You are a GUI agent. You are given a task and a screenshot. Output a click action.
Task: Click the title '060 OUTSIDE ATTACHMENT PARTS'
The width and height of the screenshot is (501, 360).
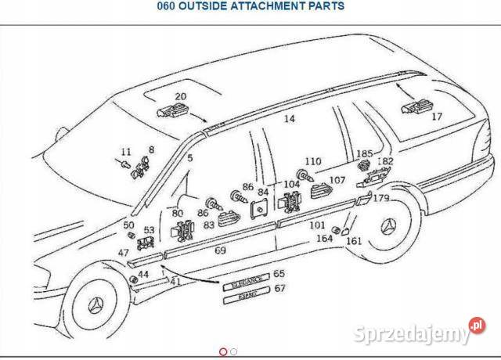click(x=250, y=6)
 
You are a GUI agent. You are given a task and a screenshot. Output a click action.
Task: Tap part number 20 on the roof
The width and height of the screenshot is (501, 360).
click(x=180, y=97)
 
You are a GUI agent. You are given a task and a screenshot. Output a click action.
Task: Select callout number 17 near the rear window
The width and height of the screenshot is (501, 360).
click(x=436, y=117)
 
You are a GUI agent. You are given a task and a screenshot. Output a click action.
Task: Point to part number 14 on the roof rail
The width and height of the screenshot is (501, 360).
click(x=289, y=119)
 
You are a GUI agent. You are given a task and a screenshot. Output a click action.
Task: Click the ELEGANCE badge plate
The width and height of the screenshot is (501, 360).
click(x=245, y=277)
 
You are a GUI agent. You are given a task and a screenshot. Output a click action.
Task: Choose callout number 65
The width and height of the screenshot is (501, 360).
click(x=279, y=274)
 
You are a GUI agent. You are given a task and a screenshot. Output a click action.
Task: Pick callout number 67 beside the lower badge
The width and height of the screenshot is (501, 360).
click(x=279, y=288)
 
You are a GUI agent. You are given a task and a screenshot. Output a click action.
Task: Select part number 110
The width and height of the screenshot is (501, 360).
click(x=313, y=161)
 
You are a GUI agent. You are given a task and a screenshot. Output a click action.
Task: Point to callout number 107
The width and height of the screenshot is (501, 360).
click(x=337, y=180)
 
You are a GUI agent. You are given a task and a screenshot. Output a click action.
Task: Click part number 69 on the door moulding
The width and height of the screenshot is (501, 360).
click(x=220, y=250)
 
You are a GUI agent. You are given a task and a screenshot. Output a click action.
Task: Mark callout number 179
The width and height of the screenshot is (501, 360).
click(x=380, y=198)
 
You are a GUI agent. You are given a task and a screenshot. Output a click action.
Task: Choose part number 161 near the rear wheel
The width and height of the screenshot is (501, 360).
click(x=354, y=241)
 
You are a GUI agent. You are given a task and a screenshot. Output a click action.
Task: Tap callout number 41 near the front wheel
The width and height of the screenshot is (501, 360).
click(x=175, y=280)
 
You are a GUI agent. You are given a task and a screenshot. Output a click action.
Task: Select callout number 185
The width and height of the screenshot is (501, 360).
click(x=366, y=154)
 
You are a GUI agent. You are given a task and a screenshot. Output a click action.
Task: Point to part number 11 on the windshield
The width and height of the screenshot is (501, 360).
click(x=126, y=151)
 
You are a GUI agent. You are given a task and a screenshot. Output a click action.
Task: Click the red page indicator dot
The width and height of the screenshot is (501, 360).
click(x=224, y=351)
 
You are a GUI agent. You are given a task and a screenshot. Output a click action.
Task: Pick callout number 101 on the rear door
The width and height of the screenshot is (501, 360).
click(x=317, y=225)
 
